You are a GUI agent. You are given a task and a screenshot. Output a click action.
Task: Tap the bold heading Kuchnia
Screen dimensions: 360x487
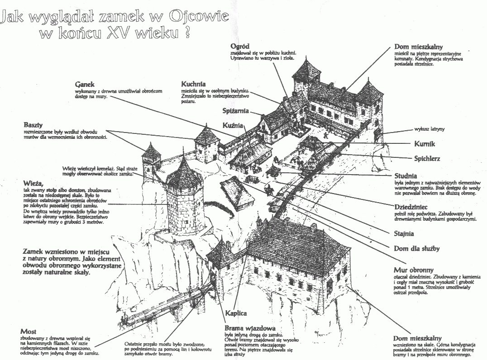point(193,84)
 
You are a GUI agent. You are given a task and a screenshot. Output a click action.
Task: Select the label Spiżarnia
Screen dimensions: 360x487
point(235,111)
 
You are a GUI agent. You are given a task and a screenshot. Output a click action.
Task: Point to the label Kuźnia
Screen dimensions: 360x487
point(233,125)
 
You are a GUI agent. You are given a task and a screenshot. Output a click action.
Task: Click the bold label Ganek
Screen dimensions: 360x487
point(85,84)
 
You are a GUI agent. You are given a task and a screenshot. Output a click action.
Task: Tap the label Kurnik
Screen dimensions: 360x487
point(424,144)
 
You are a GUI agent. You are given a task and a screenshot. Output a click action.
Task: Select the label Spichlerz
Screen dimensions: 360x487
point(427,159)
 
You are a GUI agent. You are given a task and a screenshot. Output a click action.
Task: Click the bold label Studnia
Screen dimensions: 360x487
point(405,176)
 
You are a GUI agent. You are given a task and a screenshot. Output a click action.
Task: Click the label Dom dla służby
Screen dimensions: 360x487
point(417,248)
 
